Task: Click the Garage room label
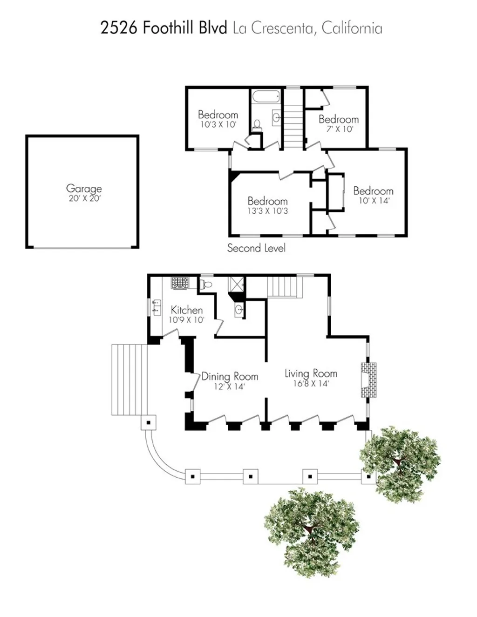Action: (84, 188)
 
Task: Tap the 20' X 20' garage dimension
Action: (84, 198)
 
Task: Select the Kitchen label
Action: (186, 310)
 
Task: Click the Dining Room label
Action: (230, 376)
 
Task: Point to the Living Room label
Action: (311, 373)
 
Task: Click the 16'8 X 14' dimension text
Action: (311, 384)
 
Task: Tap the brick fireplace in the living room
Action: (368, 380)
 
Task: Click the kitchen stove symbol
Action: (179, 283)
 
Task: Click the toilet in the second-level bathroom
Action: (257, 125)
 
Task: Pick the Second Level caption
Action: (256, 248)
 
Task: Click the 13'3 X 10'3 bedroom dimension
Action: (267, 211)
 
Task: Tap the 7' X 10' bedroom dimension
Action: (339, 129)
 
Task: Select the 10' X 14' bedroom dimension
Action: (374, 201)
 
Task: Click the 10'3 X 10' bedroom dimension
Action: (218, 124)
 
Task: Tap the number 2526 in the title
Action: (119, 28)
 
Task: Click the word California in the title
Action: (352, 28)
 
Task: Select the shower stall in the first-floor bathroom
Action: (236, 284)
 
